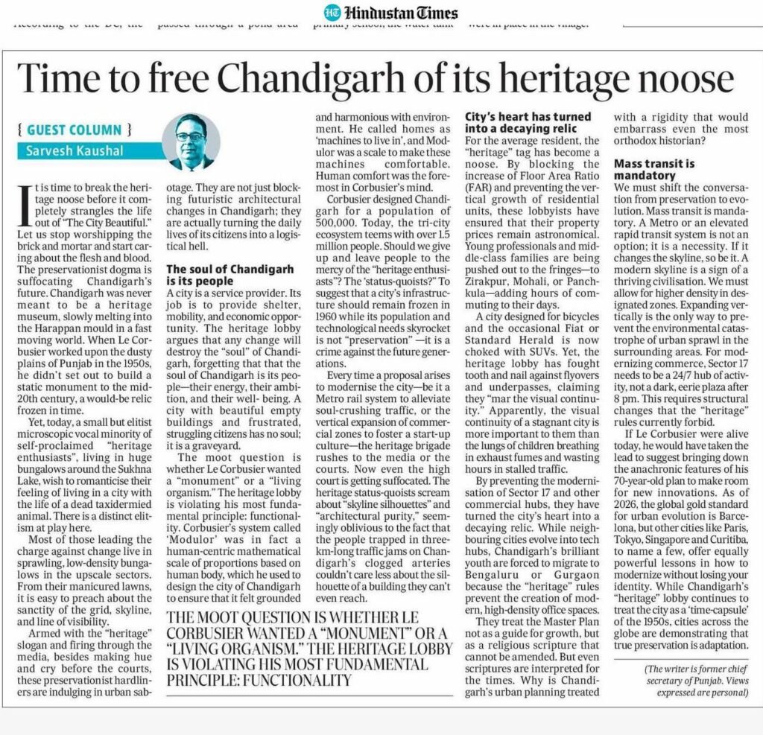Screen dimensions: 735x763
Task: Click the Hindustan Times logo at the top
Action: pyautogui.click(x=390, y=13)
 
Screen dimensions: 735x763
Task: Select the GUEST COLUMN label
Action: pyautogui.click(x=75, y=130)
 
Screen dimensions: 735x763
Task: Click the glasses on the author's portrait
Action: pyautogui.click(x=190, y=136)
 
